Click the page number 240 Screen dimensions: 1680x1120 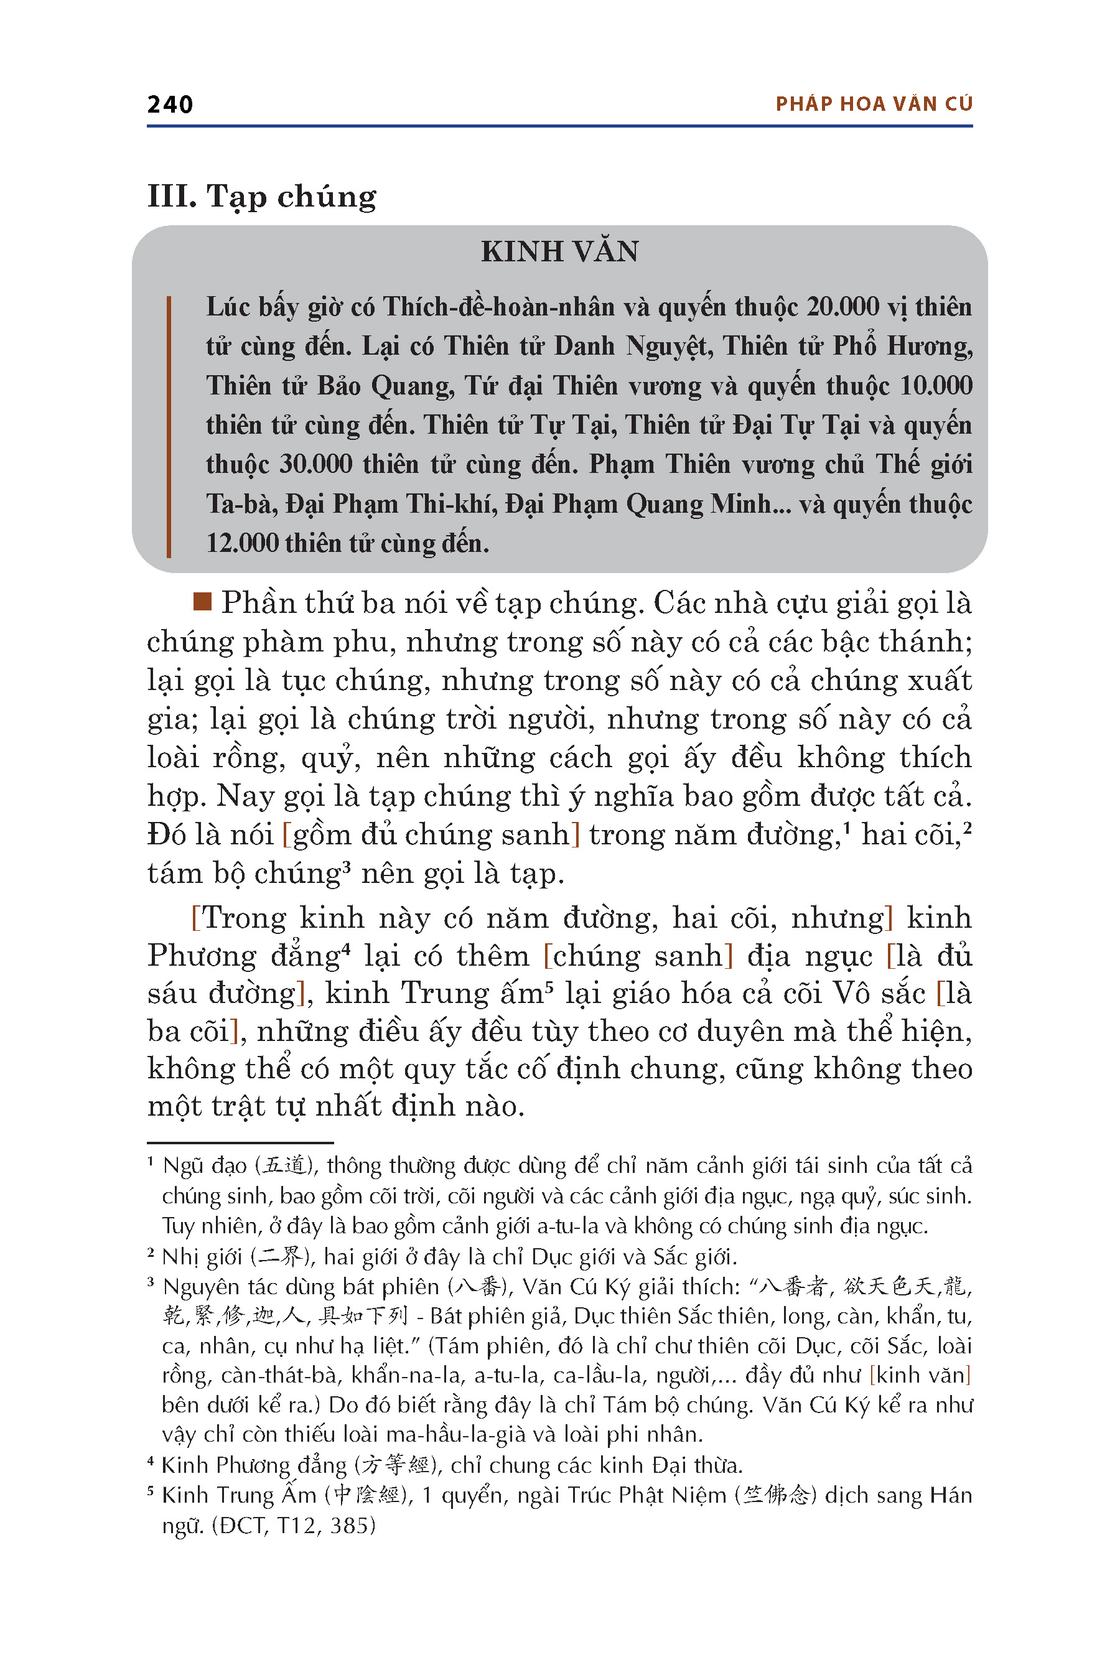point(170,105)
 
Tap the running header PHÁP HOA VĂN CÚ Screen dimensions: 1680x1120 point(874,105)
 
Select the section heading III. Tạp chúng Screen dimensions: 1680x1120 point(261,197)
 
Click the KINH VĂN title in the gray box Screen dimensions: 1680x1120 point(559,251)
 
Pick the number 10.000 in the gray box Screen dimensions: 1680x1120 point(936,386)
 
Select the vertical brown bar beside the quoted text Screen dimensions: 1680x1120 point(169,426)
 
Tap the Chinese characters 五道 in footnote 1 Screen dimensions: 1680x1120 point(287,1167)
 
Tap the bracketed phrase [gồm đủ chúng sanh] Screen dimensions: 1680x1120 point(431,834)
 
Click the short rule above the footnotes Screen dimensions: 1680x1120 point(240,1143)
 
